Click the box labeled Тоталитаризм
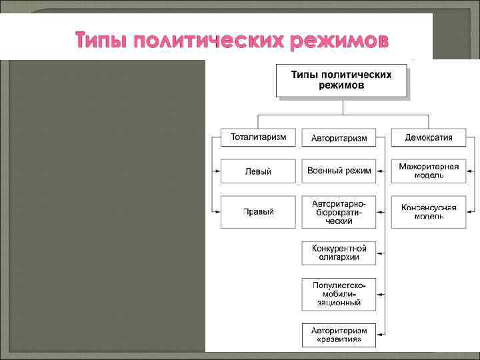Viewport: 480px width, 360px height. click(258, 138)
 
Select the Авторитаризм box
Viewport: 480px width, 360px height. click(339, 138)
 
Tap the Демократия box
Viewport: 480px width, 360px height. click(429, 138)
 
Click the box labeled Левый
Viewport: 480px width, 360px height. click(258, 171)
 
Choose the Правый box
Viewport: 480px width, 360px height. click(258, 212)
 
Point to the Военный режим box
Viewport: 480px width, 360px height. click(339, 171)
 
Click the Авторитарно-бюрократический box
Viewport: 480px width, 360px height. click(339, 212)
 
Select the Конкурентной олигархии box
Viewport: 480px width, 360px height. click(339, 253)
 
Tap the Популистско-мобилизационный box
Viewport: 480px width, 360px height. click(339, 294)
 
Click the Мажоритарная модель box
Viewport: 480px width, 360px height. click(429, 171)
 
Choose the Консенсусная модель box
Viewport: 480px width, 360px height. click(429, 212)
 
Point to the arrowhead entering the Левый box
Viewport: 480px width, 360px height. click(217, 171)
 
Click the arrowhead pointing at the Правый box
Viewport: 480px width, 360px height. click(217, 212)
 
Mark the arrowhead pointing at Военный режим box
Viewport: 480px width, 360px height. click(380, 171)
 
